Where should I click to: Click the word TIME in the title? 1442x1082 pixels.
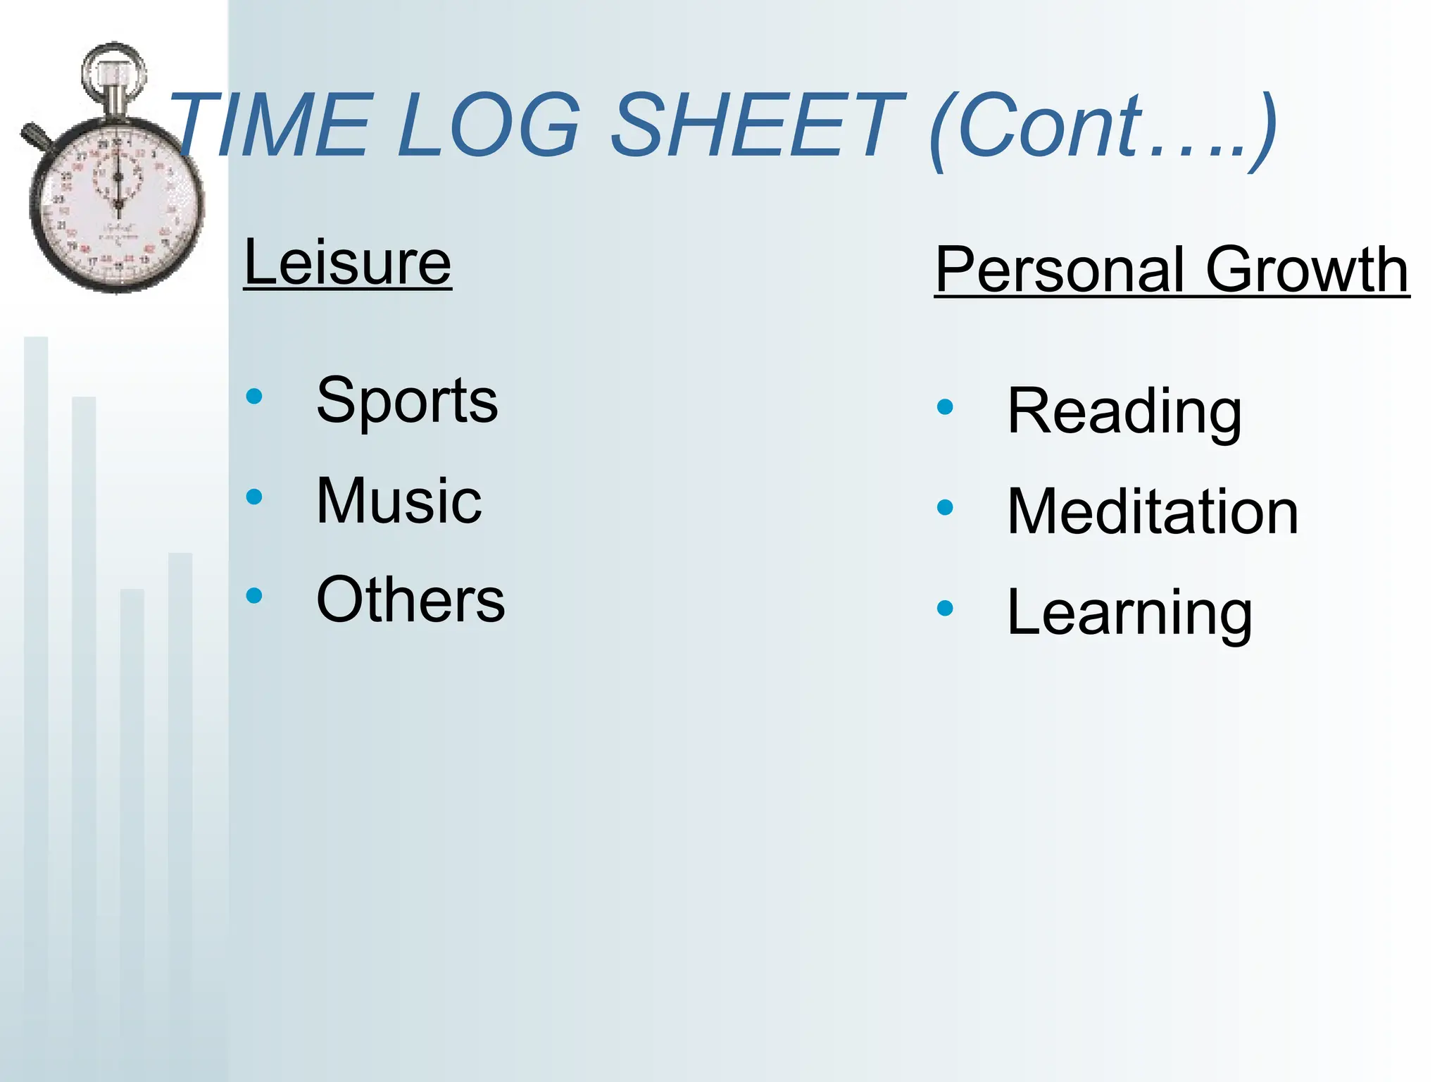coord(271,125)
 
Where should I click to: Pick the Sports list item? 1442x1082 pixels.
coord(407,400)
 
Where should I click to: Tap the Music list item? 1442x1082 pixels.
coord(399,500)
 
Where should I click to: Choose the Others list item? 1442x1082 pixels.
coord(410,599)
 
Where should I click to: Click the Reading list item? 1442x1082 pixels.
coord(1124,411)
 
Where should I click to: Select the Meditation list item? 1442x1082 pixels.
coord(1153,511)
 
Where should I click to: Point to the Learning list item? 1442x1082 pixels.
coord(1129,613)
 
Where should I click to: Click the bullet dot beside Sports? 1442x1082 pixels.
coord(254,397)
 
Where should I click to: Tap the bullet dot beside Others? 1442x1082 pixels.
coord(254,596)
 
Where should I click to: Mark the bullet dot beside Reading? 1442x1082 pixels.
coord(945,406)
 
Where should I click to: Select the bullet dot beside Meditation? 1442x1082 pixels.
coord(945,507)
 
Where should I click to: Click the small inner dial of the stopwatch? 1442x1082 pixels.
coord(118,176)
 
